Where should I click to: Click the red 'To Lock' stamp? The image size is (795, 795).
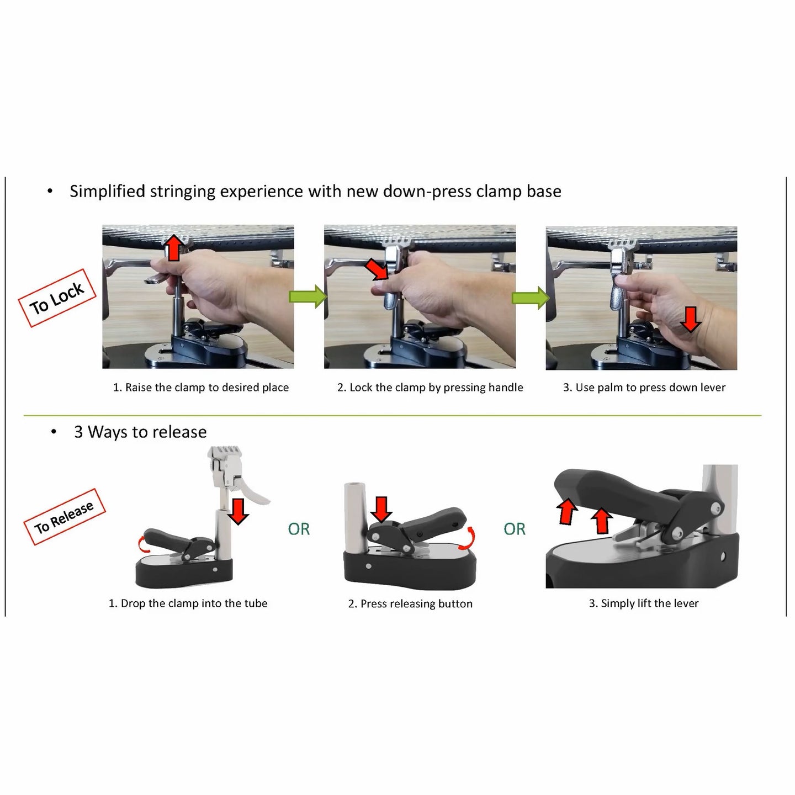point(57,298)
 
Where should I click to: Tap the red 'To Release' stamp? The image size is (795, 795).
point(65,517)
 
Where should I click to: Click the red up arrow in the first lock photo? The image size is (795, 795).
point(174,247)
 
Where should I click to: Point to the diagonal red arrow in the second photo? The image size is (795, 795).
point(377,271)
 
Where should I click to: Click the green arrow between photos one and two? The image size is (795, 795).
point(308,296)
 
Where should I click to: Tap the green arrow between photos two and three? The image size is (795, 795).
point(530,298)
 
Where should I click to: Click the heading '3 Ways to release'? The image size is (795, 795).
point(140,432)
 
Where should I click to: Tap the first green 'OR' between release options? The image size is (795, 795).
point(299,529)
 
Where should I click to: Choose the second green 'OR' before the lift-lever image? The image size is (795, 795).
point(515,529)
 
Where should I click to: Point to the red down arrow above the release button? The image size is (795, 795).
point(381,509)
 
